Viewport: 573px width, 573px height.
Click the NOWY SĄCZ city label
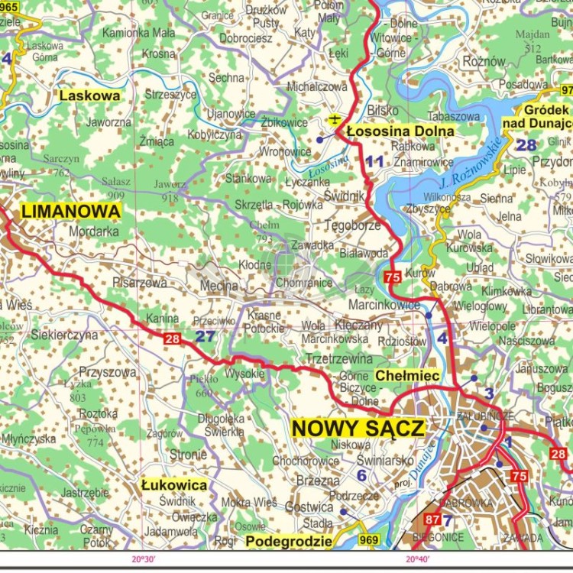(358, 429)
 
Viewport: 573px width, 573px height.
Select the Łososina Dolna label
(400, 131)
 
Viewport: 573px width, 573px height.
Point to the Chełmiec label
(406, 376)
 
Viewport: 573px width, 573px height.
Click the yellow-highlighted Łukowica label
(174, 484)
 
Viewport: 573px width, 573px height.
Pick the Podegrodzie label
(289, 541)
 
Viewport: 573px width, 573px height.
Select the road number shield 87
(432, 520)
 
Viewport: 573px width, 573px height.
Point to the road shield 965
(11, 6)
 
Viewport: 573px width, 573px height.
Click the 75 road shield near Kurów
(393, 277)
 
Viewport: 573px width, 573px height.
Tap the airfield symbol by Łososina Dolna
(334, 119)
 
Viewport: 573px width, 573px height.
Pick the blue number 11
(374, 161)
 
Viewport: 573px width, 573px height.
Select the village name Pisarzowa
(139, 282)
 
